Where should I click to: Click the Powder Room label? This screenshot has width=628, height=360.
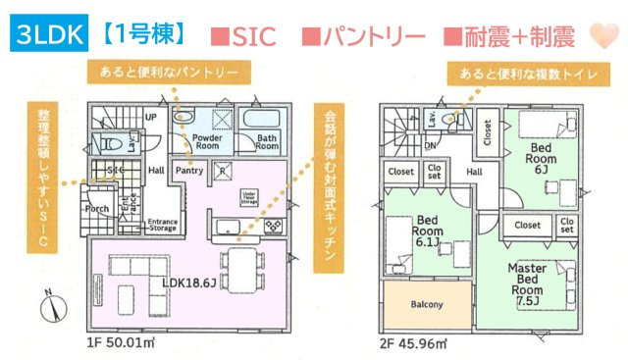pyautogui.click(x=205, y=145)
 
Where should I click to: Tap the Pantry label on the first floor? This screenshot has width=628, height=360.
pyautogui.click(x=188, y=170)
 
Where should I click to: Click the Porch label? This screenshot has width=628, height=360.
pyautogui.click(x=97, y=209)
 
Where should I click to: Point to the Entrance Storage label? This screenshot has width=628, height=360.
pyautogui.click(x=162, y=227)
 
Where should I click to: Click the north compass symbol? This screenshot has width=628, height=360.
pyautogui.click(x=52, y=307)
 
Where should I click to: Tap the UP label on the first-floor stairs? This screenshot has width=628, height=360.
pyautogui.click(x=150, y=116)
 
